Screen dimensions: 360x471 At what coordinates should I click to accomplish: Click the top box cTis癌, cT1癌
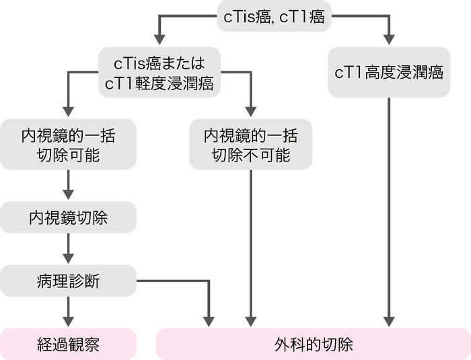(273, 17)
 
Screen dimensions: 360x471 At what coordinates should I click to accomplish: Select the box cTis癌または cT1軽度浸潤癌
(159, 72)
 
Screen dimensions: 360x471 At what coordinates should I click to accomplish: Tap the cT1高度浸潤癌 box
(389, 72)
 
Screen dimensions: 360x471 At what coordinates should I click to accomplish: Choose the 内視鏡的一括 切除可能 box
(68, 145)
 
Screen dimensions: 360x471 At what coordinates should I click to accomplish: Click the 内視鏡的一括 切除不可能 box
(251, 145)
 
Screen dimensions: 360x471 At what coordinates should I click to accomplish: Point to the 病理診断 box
(68, 280)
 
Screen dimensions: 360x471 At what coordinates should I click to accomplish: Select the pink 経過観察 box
(68, 344)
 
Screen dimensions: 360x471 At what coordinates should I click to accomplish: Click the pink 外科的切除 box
(313, 344)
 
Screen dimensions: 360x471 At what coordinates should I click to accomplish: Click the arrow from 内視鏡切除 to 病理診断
(68, 248)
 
